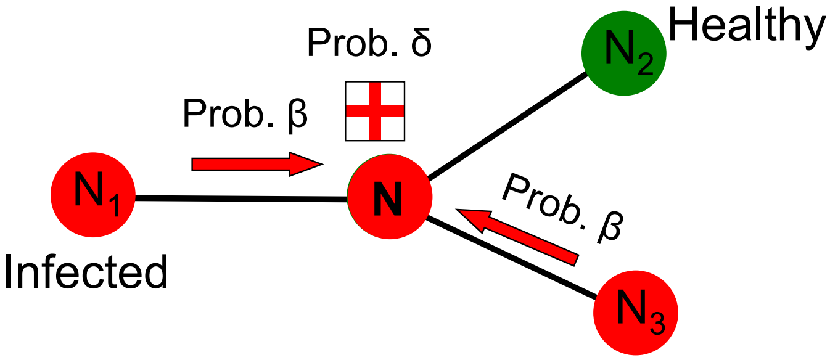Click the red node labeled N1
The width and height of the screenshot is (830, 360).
click(x=93, y=195)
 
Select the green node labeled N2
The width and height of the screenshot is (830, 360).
click(x=624, y=54)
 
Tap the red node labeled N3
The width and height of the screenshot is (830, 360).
click(x=636, y=313)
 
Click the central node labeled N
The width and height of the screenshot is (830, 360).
click(x=390, y=197)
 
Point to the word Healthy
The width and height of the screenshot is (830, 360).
click(x=747, y=28)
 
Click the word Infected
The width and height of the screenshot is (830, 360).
click(x=86, y=272)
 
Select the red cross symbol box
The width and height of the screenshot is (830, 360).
click(x=375, y=111)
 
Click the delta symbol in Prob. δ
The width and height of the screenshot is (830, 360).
click(x=421, y=43)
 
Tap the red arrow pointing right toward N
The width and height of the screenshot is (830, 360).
click(x=257, y=164)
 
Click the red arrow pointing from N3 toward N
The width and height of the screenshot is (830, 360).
click(x=517, y=237)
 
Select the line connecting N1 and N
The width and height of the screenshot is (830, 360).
click(x=241, y=199)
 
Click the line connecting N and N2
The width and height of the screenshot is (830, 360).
click(x=507, y=125)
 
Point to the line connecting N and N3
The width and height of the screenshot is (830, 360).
click(x=511, y=258)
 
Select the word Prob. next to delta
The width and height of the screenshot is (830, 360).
click(x=353, y=43)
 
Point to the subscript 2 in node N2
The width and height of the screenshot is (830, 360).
click(x=646, y=63)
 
